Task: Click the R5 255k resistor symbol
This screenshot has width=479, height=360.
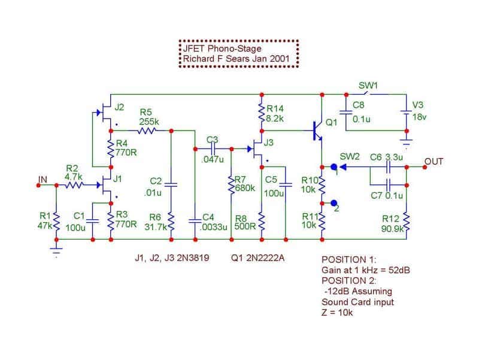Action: (147, 131)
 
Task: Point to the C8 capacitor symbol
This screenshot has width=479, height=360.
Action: (346, 113)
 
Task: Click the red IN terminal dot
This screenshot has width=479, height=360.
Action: (38, 185)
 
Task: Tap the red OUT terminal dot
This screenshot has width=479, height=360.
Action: (425, 167)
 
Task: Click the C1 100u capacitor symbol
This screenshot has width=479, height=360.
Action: (93, 221)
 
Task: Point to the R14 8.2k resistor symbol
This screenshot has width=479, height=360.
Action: (262, 113)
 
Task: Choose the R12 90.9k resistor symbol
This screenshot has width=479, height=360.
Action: (407, 221)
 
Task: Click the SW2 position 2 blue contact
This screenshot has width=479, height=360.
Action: (334, 203)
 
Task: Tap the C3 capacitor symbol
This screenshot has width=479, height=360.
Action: (214, 149)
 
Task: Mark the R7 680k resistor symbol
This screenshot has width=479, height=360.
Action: (232, 185)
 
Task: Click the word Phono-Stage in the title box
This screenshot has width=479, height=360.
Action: (235, 49)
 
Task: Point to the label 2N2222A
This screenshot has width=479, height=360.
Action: (265, 258)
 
